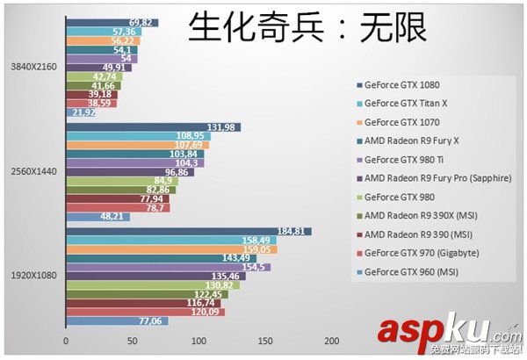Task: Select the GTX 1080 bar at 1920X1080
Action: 188,232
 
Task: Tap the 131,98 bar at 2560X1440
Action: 153,127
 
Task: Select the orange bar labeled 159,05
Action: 171,249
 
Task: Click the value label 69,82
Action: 141,23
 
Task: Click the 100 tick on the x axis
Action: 199,341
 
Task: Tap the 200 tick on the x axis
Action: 331,341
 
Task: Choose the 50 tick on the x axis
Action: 132,341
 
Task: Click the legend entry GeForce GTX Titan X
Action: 405,104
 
